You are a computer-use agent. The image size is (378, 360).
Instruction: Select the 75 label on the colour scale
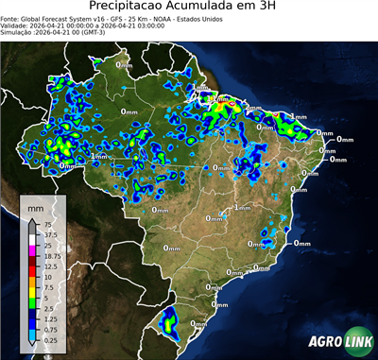(x=48, y=225)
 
